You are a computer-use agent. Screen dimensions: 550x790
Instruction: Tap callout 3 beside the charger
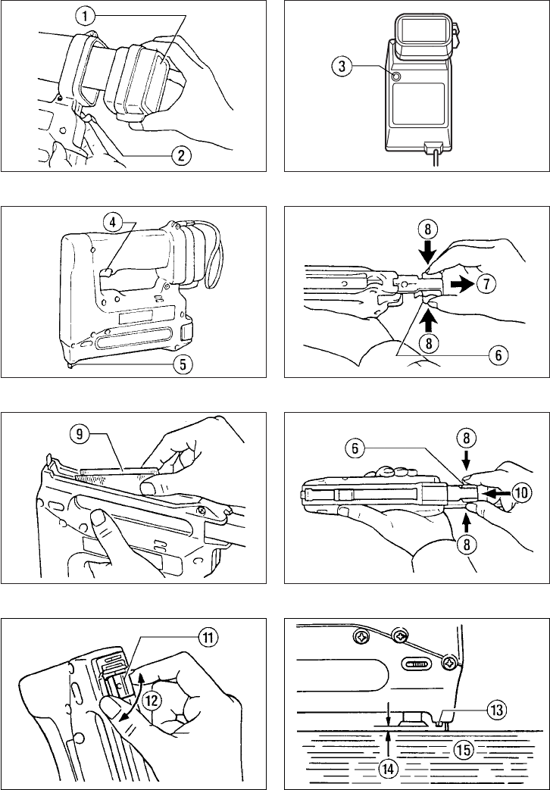(342, 67)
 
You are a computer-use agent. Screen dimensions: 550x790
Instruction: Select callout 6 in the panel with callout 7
(497, 355)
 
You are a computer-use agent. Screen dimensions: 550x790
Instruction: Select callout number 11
(207, 638)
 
